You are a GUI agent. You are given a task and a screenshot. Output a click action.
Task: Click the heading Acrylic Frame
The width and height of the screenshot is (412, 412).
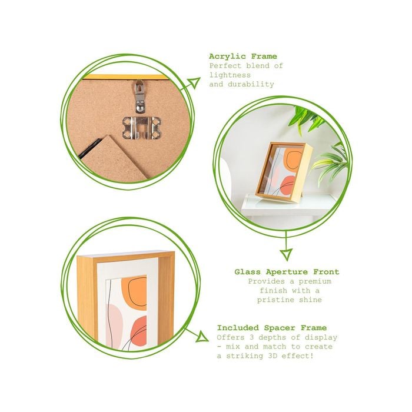tap(242, 57)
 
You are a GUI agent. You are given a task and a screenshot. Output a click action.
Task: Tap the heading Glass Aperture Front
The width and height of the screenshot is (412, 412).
tap(287, 272)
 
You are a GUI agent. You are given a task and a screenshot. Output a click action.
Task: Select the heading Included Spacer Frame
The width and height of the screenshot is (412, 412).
tap(272, 328)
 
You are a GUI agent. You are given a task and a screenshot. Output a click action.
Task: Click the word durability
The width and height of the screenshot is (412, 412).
tap(251, 84)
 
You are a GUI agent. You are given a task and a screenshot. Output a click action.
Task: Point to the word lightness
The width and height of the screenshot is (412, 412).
tap(230, 75)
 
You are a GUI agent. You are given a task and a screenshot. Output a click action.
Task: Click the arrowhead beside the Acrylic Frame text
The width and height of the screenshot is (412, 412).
tap(195, 83)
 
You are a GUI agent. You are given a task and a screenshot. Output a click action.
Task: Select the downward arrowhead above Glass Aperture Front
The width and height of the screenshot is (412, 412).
tap(286, 254)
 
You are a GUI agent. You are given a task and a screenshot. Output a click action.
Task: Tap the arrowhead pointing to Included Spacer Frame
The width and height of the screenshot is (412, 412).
tap(202, 337)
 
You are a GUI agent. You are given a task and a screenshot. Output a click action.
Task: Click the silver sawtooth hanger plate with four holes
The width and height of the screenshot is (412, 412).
tap(142, 128)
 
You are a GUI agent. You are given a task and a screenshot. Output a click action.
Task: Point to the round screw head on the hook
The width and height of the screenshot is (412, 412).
tap(141, 108)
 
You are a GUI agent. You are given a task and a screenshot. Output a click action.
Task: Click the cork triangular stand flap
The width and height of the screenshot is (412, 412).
tap(115, 157)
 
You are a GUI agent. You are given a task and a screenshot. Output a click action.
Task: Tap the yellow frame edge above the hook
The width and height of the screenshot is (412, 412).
tap(125, 77)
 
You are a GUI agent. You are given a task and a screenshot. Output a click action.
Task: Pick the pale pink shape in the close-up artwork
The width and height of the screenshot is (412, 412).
tap(115, 324)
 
